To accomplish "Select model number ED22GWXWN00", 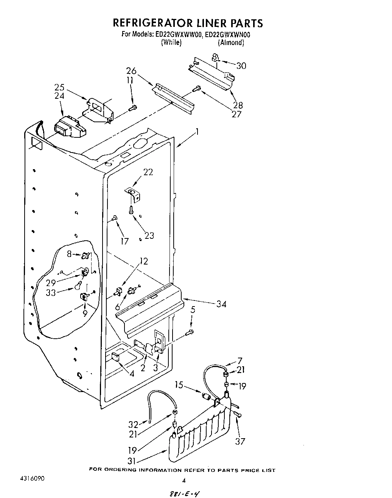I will pos(227,34).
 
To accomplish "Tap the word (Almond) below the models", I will pos(231,43).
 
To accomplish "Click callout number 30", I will pos(241,66).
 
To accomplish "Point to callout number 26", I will pos(131,71).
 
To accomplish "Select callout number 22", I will pos(148,172).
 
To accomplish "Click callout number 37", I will pos(240,441).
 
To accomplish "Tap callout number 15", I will pos(179,385).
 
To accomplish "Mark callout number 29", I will pos(51,283).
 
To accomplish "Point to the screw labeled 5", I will pos(190,332).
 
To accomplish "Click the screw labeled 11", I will pos(132,108).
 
